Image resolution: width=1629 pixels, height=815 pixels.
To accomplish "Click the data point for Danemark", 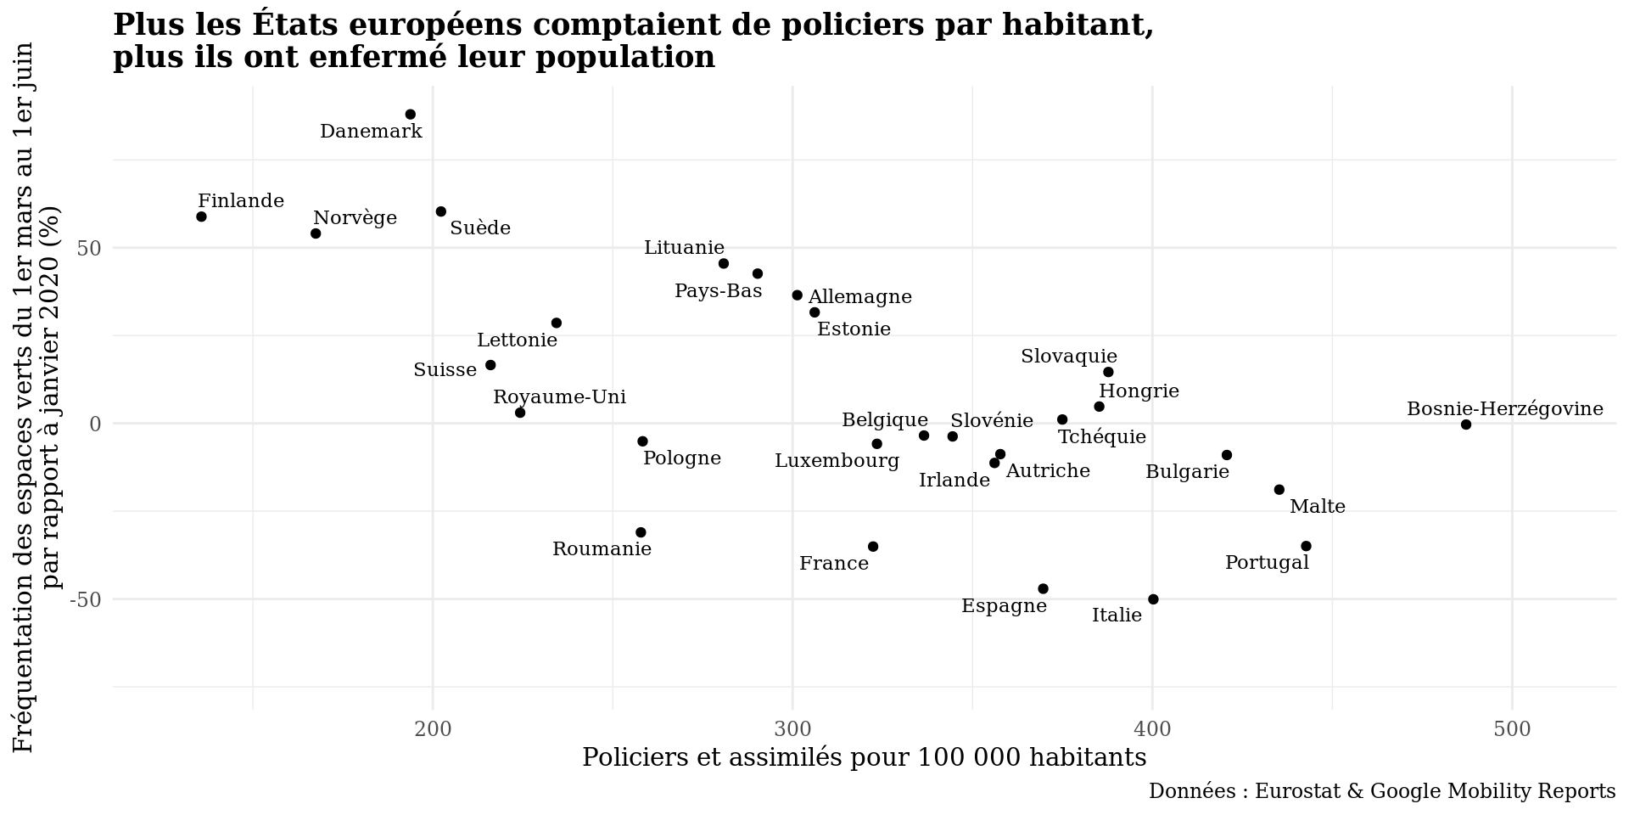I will pos(411,115).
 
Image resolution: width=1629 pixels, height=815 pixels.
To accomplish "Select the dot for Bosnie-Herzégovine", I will pos(1466,424).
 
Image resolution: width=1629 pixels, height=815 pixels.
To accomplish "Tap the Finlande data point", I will pos(201,216).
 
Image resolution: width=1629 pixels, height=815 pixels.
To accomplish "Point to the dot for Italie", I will pos(1153,599).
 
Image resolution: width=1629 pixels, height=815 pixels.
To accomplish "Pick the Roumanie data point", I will pos(641,532).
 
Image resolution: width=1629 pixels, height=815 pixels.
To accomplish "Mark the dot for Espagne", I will pos(1043,589).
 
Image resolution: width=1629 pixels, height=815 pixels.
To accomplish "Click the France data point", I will pos(873,547).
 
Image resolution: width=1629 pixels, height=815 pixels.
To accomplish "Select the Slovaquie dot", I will pos(1108,372).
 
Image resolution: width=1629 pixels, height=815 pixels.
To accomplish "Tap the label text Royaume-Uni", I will pos(559,397).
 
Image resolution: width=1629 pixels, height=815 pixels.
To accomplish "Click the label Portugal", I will pos(1267,563).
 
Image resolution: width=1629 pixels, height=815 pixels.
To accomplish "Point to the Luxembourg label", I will pos(837,461).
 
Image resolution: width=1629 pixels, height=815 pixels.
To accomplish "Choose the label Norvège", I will pos(355,218).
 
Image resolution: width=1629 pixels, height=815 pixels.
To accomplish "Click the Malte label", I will pos(1317,507).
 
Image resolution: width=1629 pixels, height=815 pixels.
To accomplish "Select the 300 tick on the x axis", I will pos(792,730).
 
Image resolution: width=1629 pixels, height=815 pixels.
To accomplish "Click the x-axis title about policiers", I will pos(864,757).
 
